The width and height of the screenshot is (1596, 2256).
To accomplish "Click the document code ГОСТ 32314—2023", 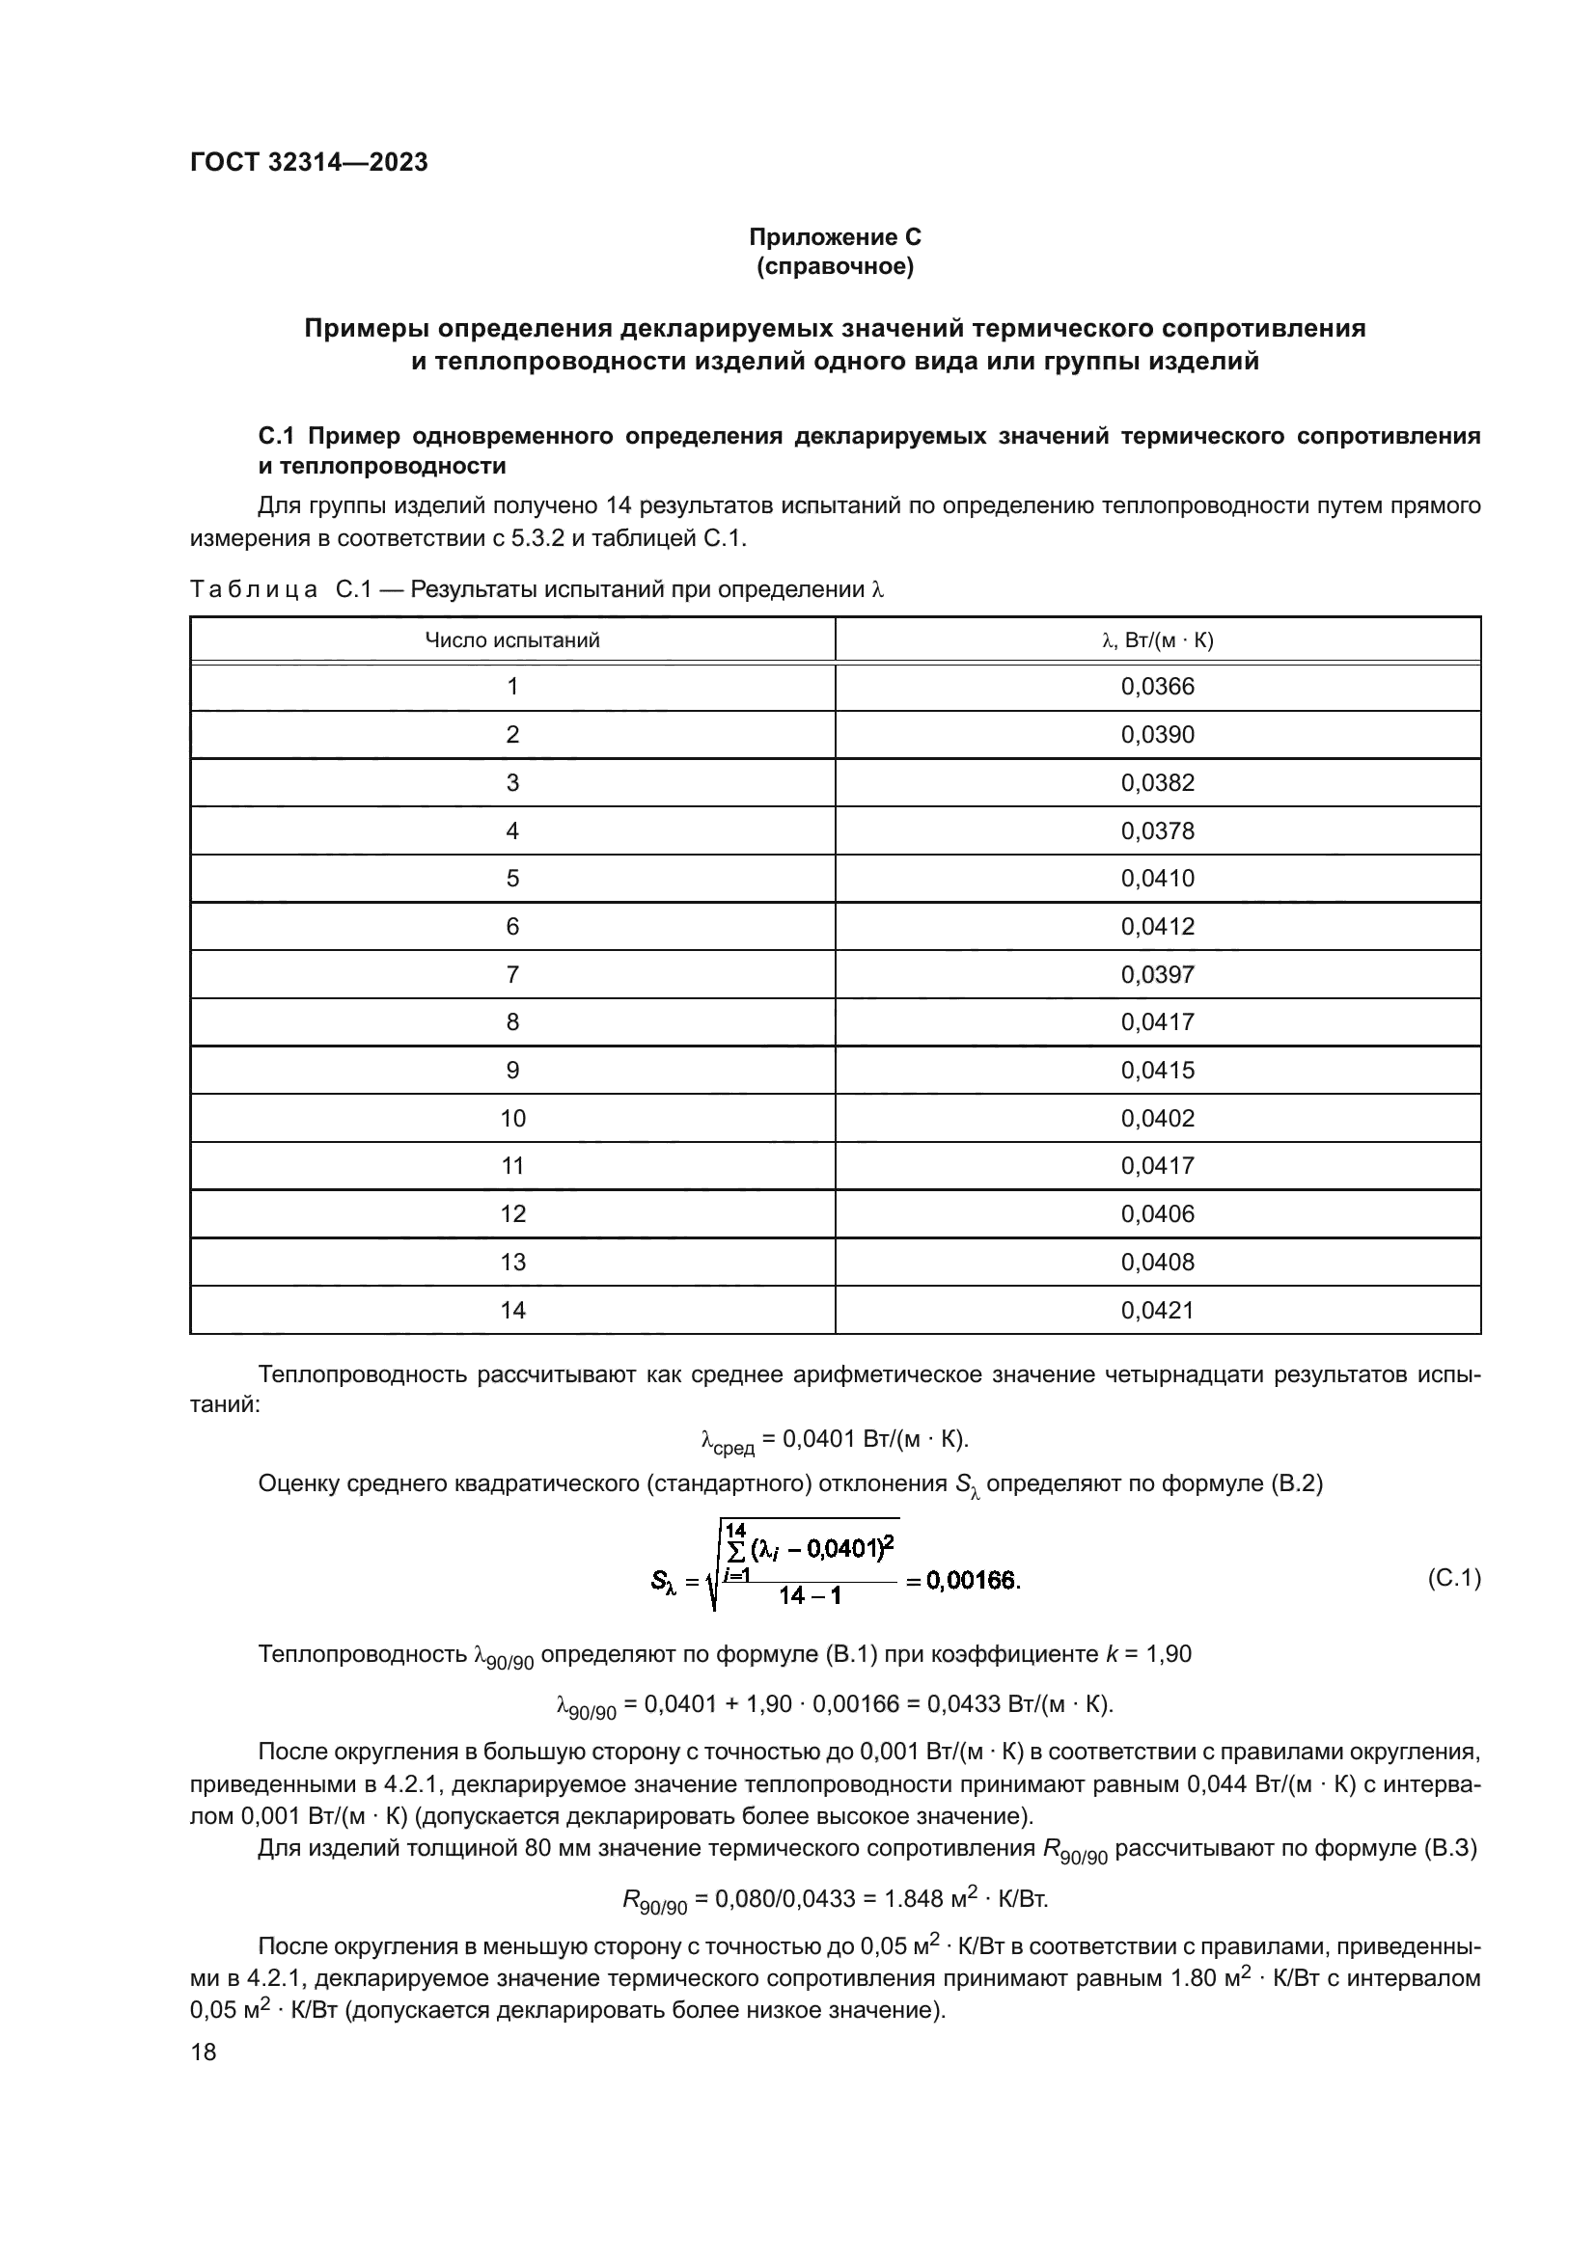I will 309,162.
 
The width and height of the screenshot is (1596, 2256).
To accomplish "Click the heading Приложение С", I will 835,237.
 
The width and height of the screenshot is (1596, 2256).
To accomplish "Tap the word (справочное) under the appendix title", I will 835,267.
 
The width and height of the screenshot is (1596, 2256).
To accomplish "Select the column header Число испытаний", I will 512,640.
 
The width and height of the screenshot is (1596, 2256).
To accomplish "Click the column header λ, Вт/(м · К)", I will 1157,640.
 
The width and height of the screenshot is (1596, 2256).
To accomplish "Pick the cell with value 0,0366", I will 1157,687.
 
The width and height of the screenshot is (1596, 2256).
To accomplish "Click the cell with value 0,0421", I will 1157,1310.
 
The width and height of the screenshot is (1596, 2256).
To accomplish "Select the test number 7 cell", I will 512,975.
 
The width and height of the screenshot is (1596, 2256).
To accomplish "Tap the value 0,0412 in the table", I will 1157,927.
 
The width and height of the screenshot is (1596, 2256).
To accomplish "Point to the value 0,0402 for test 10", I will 1157,1118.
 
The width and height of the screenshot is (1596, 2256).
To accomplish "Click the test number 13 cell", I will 512,1262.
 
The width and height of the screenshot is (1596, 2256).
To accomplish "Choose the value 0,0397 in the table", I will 1157,975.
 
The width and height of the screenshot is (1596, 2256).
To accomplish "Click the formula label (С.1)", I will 1452,1579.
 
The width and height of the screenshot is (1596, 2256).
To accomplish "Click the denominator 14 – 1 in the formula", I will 810,1596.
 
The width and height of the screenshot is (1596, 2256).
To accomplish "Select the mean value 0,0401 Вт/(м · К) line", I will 835,1439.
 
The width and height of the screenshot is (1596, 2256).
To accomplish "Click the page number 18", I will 204,2052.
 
